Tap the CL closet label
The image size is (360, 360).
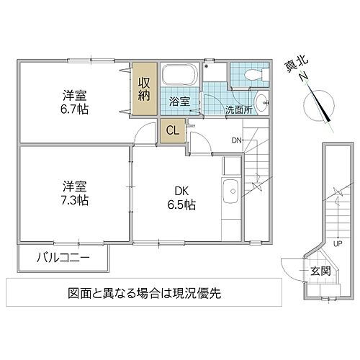point(173,130)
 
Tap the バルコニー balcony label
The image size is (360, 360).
point(63,256)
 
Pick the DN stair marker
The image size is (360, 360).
point(237,140)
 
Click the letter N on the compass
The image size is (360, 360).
point(305,78)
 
